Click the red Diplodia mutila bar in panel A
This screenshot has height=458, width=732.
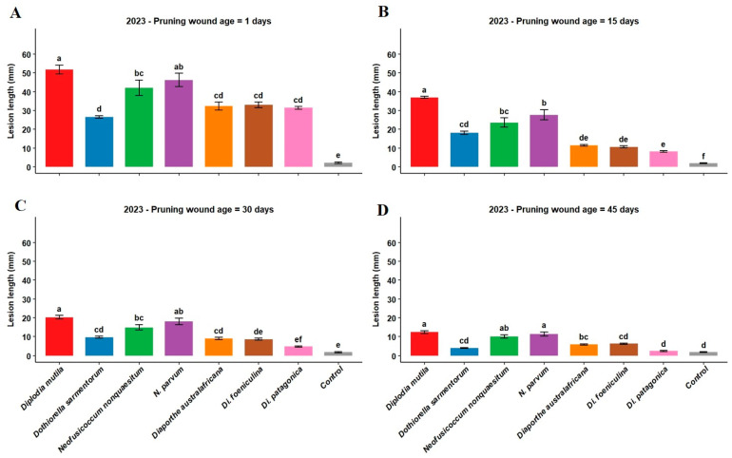tap(59, 118)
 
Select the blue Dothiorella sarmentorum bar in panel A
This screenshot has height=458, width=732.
tap(99, 142)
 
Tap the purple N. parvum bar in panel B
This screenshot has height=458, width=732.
tap(544, 141)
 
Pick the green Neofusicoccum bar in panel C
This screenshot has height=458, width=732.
tap(139, 341)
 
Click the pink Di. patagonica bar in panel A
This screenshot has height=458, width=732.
tap(299, 137)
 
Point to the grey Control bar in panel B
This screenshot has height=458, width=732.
tap(703, 164)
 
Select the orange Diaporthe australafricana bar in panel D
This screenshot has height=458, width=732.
tap(584, 350)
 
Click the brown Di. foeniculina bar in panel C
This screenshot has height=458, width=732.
tap(259, 348)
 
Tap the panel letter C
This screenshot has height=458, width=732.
tap(20, 205)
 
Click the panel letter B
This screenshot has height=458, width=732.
tap(383, 12)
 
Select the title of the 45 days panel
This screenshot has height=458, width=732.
tap(564, 210)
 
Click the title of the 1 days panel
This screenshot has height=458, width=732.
tap(199, 21)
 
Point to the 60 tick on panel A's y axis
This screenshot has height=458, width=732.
tap(27, 54)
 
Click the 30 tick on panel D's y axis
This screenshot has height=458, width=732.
tap(392, 299)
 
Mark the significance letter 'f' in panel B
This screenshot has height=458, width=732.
tap(703, 156)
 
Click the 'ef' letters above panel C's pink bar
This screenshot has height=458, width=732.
tap(299, 340)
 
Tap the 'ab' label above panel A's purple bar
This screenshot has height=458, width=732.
tap(179, 67)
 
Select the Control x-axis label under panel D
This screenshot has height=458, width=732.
tap(697, 378)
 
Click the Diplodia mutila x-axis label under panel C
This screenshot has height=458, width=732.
tap(42, 389)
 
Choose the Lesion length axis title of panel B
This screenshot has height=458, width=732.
tap(376, 101)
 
